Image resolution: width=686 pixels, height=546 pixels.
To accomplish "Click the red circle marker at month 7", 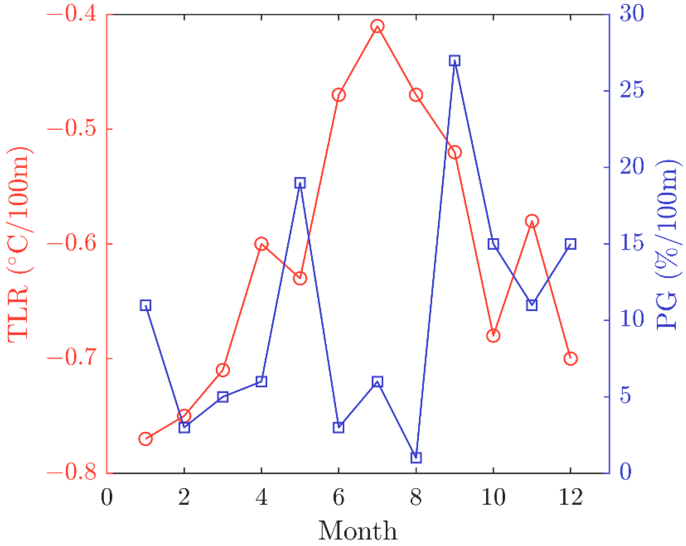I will [x=377, y=26].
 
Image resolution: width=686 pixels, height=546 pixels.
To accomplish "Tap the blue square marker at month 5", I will [x=300, y=183].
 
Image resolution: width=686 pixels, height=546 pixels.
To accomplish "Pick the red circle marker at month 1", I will [x=145, y=439].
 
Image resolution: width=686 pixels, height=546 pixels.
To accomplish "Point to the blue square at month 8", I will [x=416, y=458].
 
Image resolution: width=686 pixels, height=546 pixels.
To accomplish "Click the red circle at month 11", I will [x=532, y=221].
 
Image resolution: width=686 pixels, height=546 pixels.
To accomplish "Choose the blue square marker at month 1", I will [x=145, y=305].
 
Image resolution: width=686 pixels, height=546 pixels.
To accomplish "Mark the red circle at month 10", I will [x=493, y=336].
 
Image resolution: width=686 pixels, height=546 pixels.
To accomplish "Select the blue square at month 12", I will [x=571, y=244].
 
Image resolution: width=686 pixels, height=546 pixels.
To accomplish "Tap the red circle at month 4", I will [x=262, y=244].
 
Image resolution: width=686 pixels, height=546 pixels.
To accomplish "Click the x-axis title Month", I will [x=358, y=531].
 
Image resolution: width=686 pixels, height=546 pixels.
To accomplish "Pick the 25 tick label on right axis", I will [x=632, y=90].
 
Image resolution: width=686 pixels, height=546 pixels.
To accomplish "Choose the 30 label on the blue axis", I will [x=632, y=14].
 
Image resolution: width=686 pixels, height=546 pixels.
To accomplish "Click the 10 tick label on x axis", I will [x=493, y=497].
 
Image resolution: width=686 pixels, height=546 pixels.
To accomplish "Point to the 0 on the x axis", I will [x=107, y=497].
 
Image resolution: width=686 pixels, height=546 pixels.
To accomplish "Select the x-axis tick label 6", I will [x=339, y=497].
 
